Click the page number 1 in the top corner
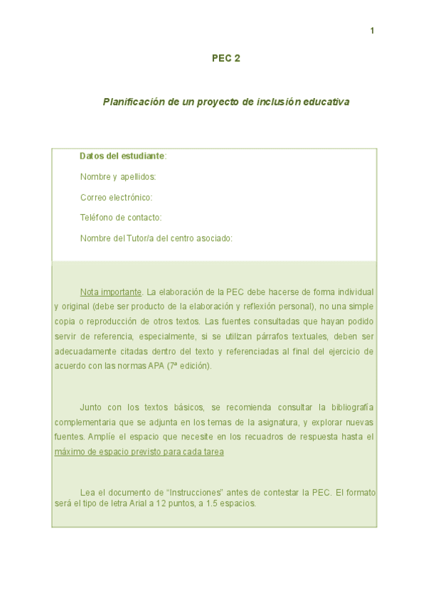click(x=372, y=31)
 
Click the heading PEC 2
click(x=226, y=58)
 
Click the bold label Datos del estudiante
click(x=122, y=156)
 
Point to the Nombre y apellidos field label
click(x=118, y=176)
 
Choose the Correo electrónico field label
click(x=117, y=197)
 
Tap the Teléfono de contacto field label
click(x=121, y=218)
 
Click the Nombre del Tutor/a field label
click(x=156, y=238)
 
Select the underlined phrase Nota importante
click(x=111, y=292)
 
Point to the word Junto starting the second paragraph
click(x=91, y=407)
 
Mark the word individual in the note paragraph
click(x=354, y=292)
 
